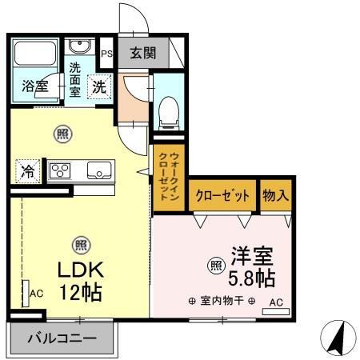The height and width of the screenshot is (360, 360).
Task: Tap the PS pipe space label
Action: (x=106, y=54)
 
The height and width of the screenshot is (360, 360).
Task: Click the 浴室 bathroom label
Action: (x=33, y=85)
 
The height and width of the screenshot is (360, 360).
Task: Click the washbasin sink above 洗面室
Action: (x=79, y=46)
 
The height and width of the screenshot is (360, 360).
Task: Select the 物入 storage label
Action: (x=276, y=195)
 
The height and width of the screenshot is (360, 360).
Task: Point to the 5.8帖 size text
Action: (x=252, y=278)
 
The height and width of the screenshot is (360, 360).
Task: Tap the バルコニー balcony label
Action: (x=62, y=338)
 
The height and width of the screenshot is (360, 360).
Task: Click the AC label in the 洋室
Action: (x=274, y=302)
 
